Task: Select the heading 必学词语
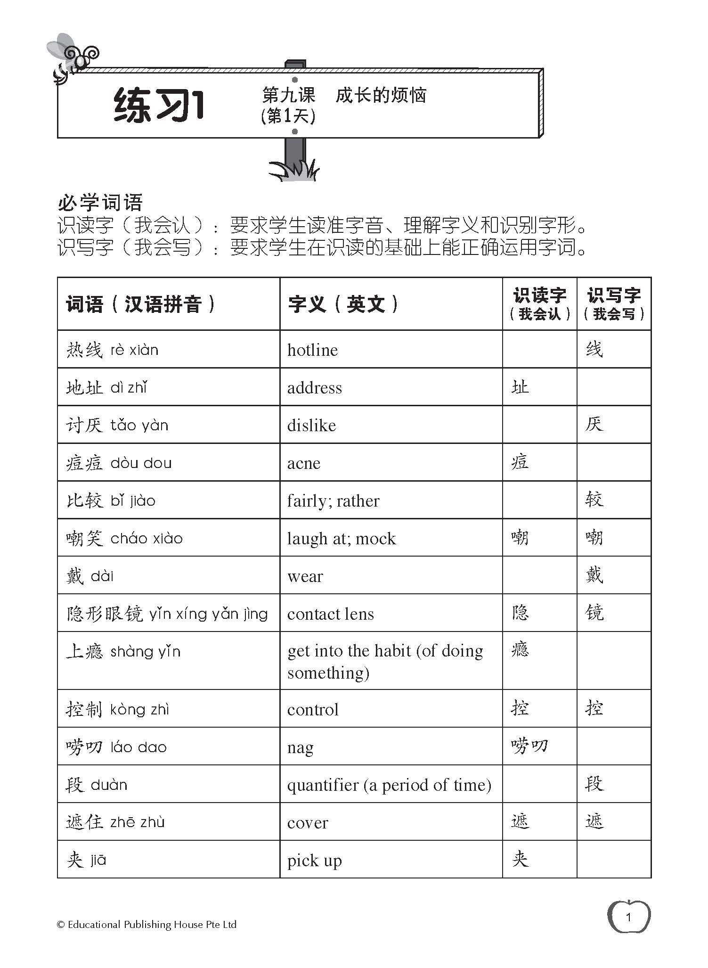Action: coord(100,203)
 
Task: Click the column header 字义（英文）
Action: coord(344,304)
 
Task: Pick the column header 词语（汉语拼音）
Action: coord(141,304)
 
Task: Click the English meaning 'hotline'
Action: coord(312,350)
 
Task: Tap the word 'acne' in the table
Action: coord(304,463)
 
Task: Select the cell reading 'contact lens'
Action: coord(330,614)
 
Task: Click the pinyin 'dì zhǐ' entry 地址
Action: coord(106,388)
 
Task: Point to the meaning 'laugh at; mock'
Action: coord(342,539)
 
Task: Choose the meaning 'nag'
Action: coord(300,747)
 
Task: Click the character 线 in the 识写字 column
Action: coord(594,350)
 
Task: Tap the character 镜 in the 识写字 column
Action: coord(594,613)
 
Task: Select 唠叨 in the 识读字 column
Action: coord(529,746)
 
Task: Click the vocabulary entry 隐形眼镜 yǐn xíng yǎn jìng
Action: coord(167,614)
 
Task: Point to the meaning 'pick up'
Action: coord(314,861)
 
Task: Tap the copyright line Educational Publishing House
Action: coord(146,925)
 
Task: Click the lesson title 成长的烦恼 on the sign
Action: coord(381,96)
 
